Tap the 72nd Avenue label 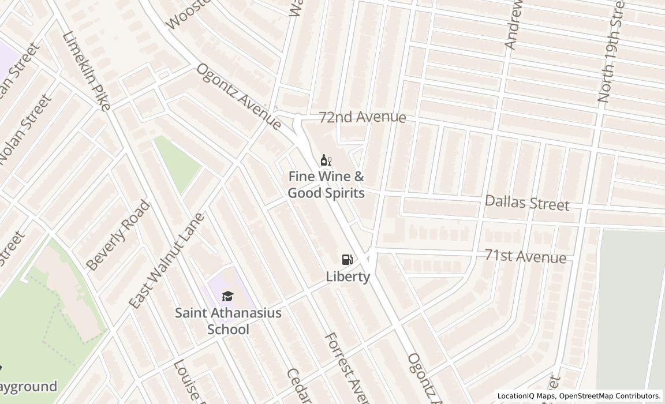[x=363, y=117]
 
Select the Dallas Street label [x=526, y=203]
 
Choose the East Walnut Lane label [x=166, y=260]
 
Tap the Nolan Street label [x=24, y=129]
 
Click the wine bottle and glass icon [x=326, y=160]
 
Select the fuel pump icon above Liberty [x=347, y=260]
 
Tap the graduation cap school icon [x=227, y=297]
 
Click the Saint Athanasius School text [x=228, y=321]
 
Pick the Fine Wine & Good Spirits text [x=326, y=185]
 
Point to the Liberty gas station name [x=348, y=276]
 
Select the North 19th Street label [x=612, y=52]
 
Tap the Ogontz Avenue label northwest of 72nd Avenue [x=238, y=96]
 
